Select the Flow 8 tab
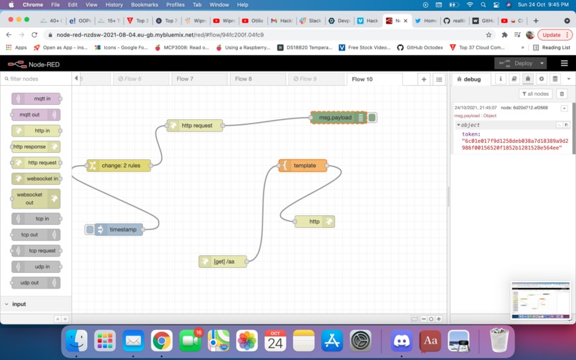[x=244, y=79]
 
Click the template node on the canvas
[x=304, y=166]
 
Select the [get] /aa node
[x=224, y=261]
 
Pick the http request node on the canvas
[x=196, y=126]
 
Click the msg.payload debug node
[x=335, y=117]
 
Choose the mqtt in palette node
[x=37, y=99]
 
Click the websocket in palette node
[x=37, y=179]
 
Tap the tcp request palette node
[x=37, y=251]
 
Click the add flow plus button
[x=424, y=79]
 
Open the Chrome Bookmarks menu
[x=144, y=4]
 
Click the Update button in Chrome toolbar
[x=554, y=34]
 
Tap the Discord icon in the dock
[x=402, y=341]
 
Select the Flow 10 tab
[x=362, y=79]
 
